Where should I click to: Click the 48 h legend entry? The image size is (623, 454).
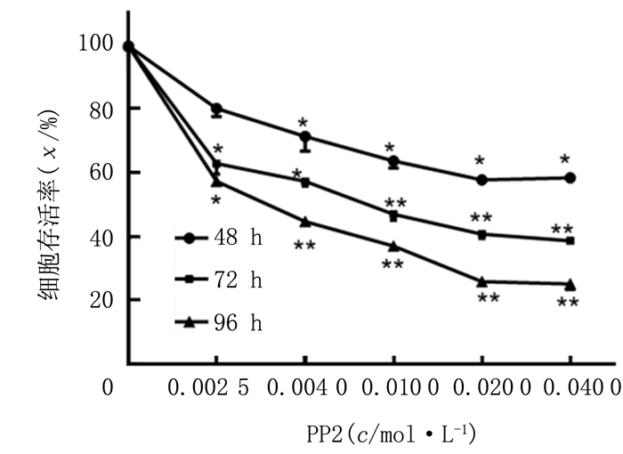click(219, 239)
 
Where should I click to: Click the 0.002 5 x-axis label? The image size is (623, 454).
click(216, 389)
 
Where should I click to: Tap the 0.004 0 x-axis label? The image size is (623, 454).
click(305, 389)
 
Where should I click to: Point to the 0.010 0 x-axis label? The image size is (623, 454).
click(393, 389)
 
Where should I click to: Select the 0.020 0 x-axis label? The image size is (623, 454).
click(481, 389)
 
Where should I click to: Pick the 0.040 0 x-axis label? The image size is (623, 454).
click(570, 389)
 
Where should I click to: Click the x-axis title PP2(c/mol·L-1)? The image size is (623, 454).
click(392, 434)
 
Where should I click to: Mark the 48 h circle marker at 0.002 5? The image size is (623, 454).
click(216, 109)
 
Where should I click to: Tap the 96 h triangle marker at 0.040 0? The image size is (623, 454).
click(570, 285)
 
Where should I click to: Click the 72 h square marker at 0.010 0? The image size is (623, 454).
click(393, 215)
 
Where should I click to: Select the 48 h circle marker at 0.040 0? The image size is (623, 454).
click(570, 178)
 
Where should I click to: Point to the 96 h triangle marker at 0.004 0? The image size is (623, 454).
click(305, 222)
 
